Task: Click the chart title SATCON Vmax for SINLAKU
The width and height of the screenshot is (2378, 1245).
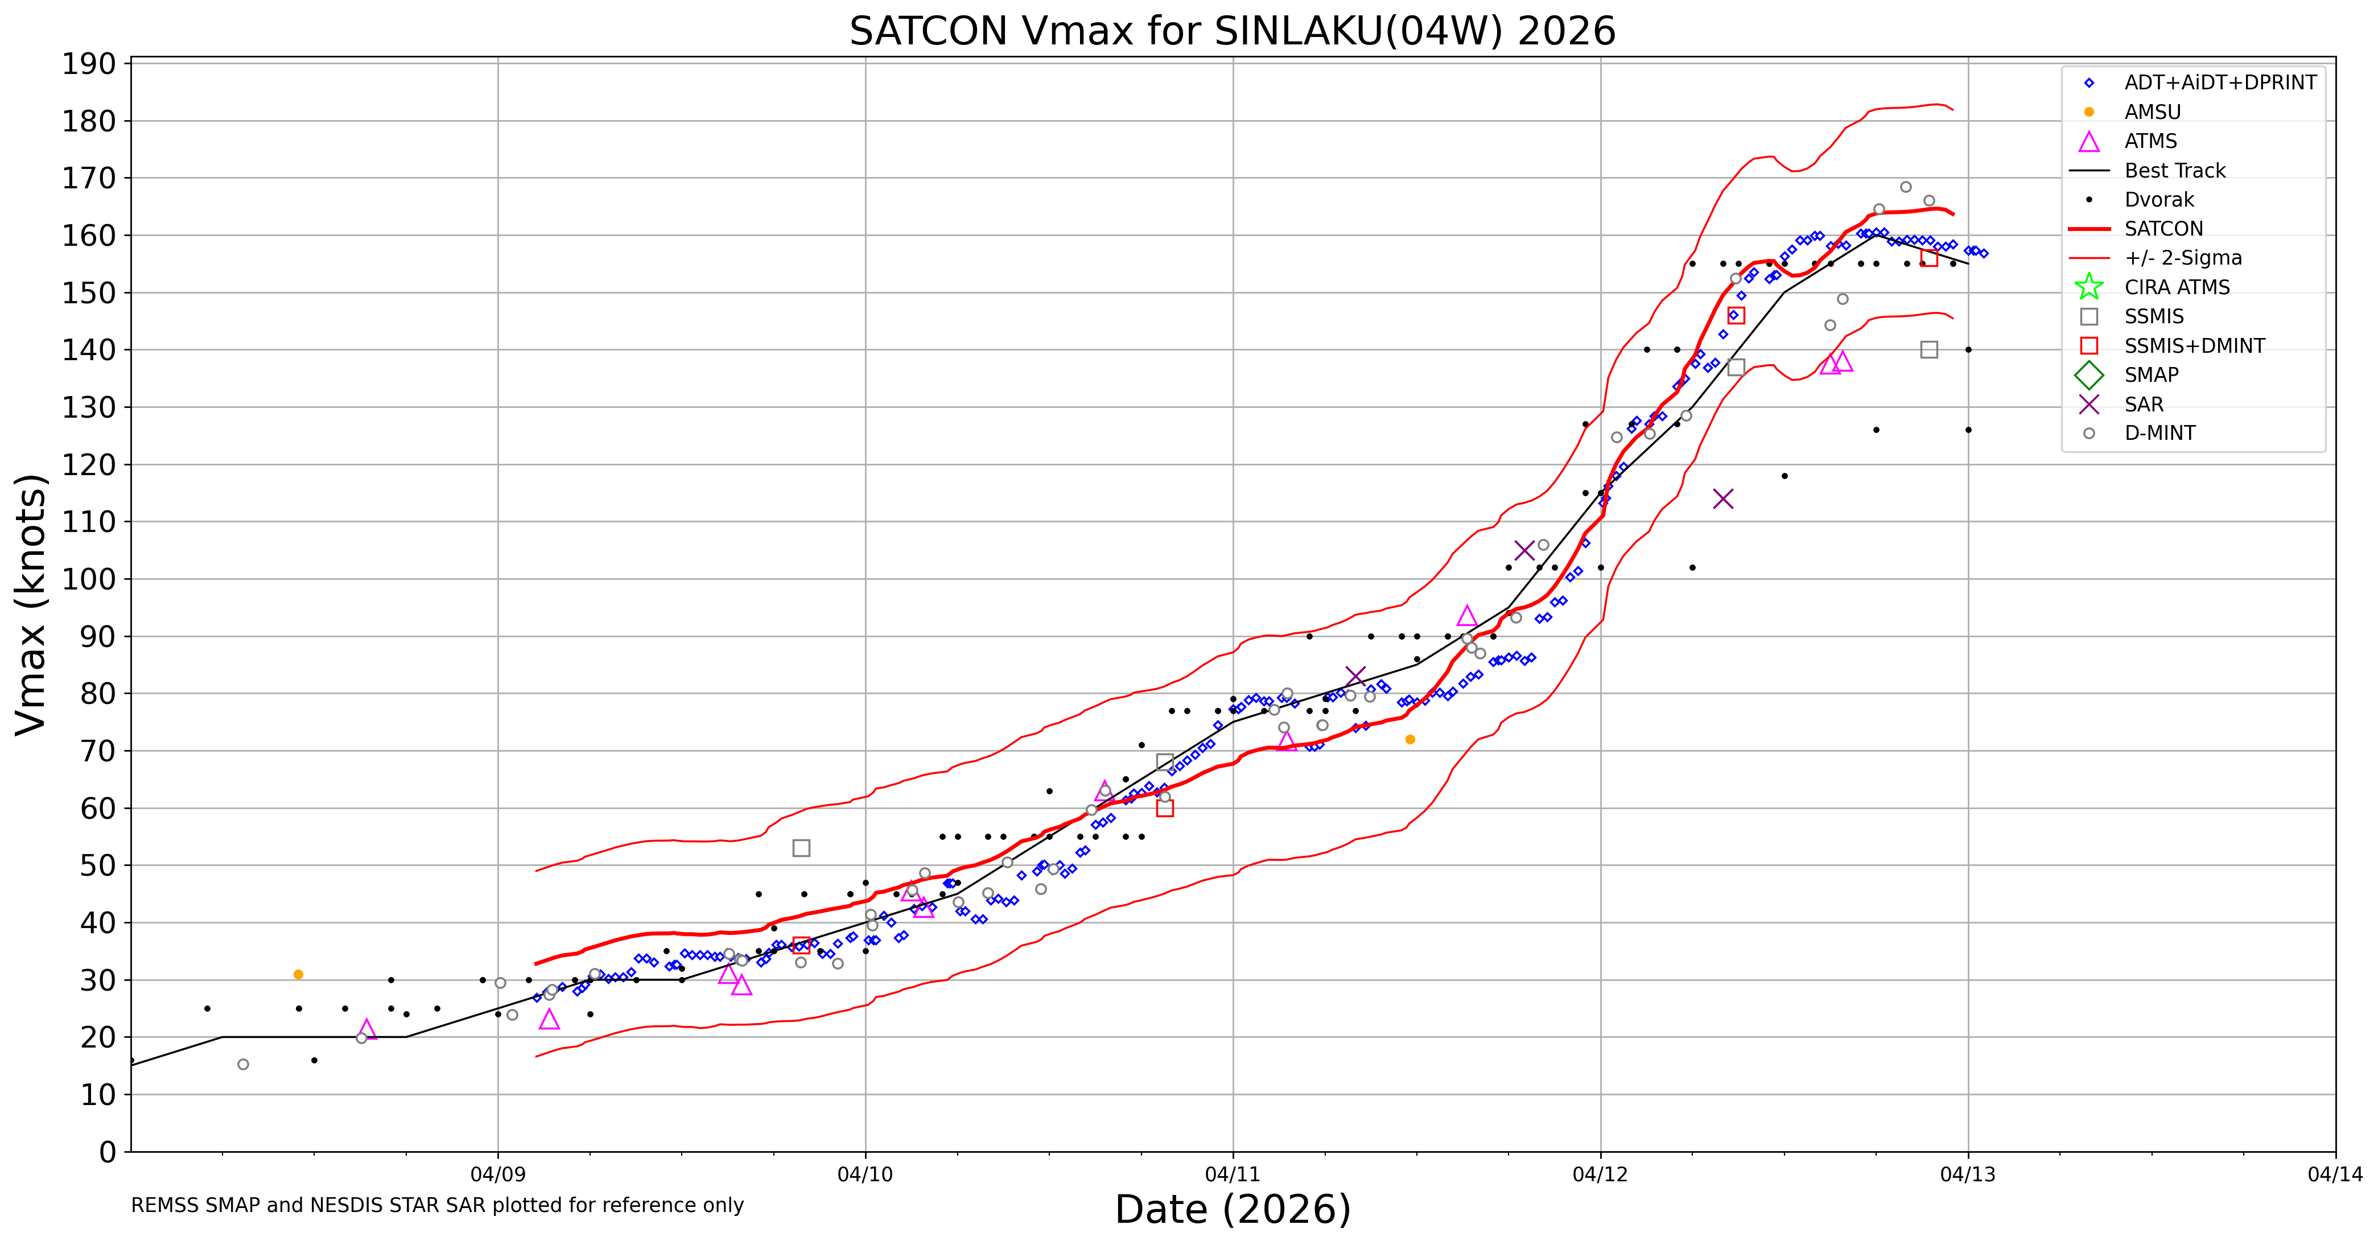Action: pyautogui.click(x=1233, y=31)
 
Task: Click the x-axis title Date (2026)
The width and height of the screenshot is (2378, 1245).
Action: pyautogui.click(x=1233, y=1209)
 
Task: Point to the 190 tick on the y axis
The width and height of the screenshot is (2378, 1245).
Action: pyautogui.click(x=89, y=64)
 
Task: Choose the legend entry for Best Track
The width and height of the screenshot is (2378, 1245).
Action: pyautogui.click(x=2174, y=171)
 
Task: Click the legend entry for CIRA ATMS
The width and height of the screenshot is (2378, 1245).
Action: pyautogui.click(x=2176, y=287)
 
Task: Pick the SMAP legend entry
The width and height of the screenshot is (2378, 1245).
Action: pyautogui.click(x=2151, y=375)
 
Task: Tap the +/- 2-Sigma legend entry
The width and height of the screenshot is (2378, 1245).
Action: pyautogui.click(x=2182, y=258)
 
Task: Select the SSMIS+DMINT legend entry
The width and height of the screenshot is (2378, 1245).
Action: pyautogui.click(x=2194, y=346)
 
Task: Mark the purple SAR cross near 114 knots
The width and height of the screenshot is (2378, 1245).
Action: pyautogui.click(x=1722, y=499)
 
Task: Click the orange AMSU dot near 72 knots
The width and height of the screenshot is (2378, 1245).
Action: pyautogui.click(x=1410, y=739)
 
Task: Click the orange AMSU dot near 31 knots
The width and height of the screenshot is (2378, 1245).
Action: pyautogui.click(x=298, y=975)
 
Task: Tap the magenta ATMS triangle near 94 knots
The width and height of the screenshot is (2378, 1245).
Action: pyautogui.click(x=1467, y=616)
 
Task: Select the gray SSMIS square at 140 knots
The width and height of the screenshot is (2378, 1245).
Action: pyautogui.click(x=1928, y=350)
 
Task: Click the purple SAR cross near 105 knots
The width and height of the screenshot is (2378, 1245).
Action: pyautogui.click(x=1524, y=551)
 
